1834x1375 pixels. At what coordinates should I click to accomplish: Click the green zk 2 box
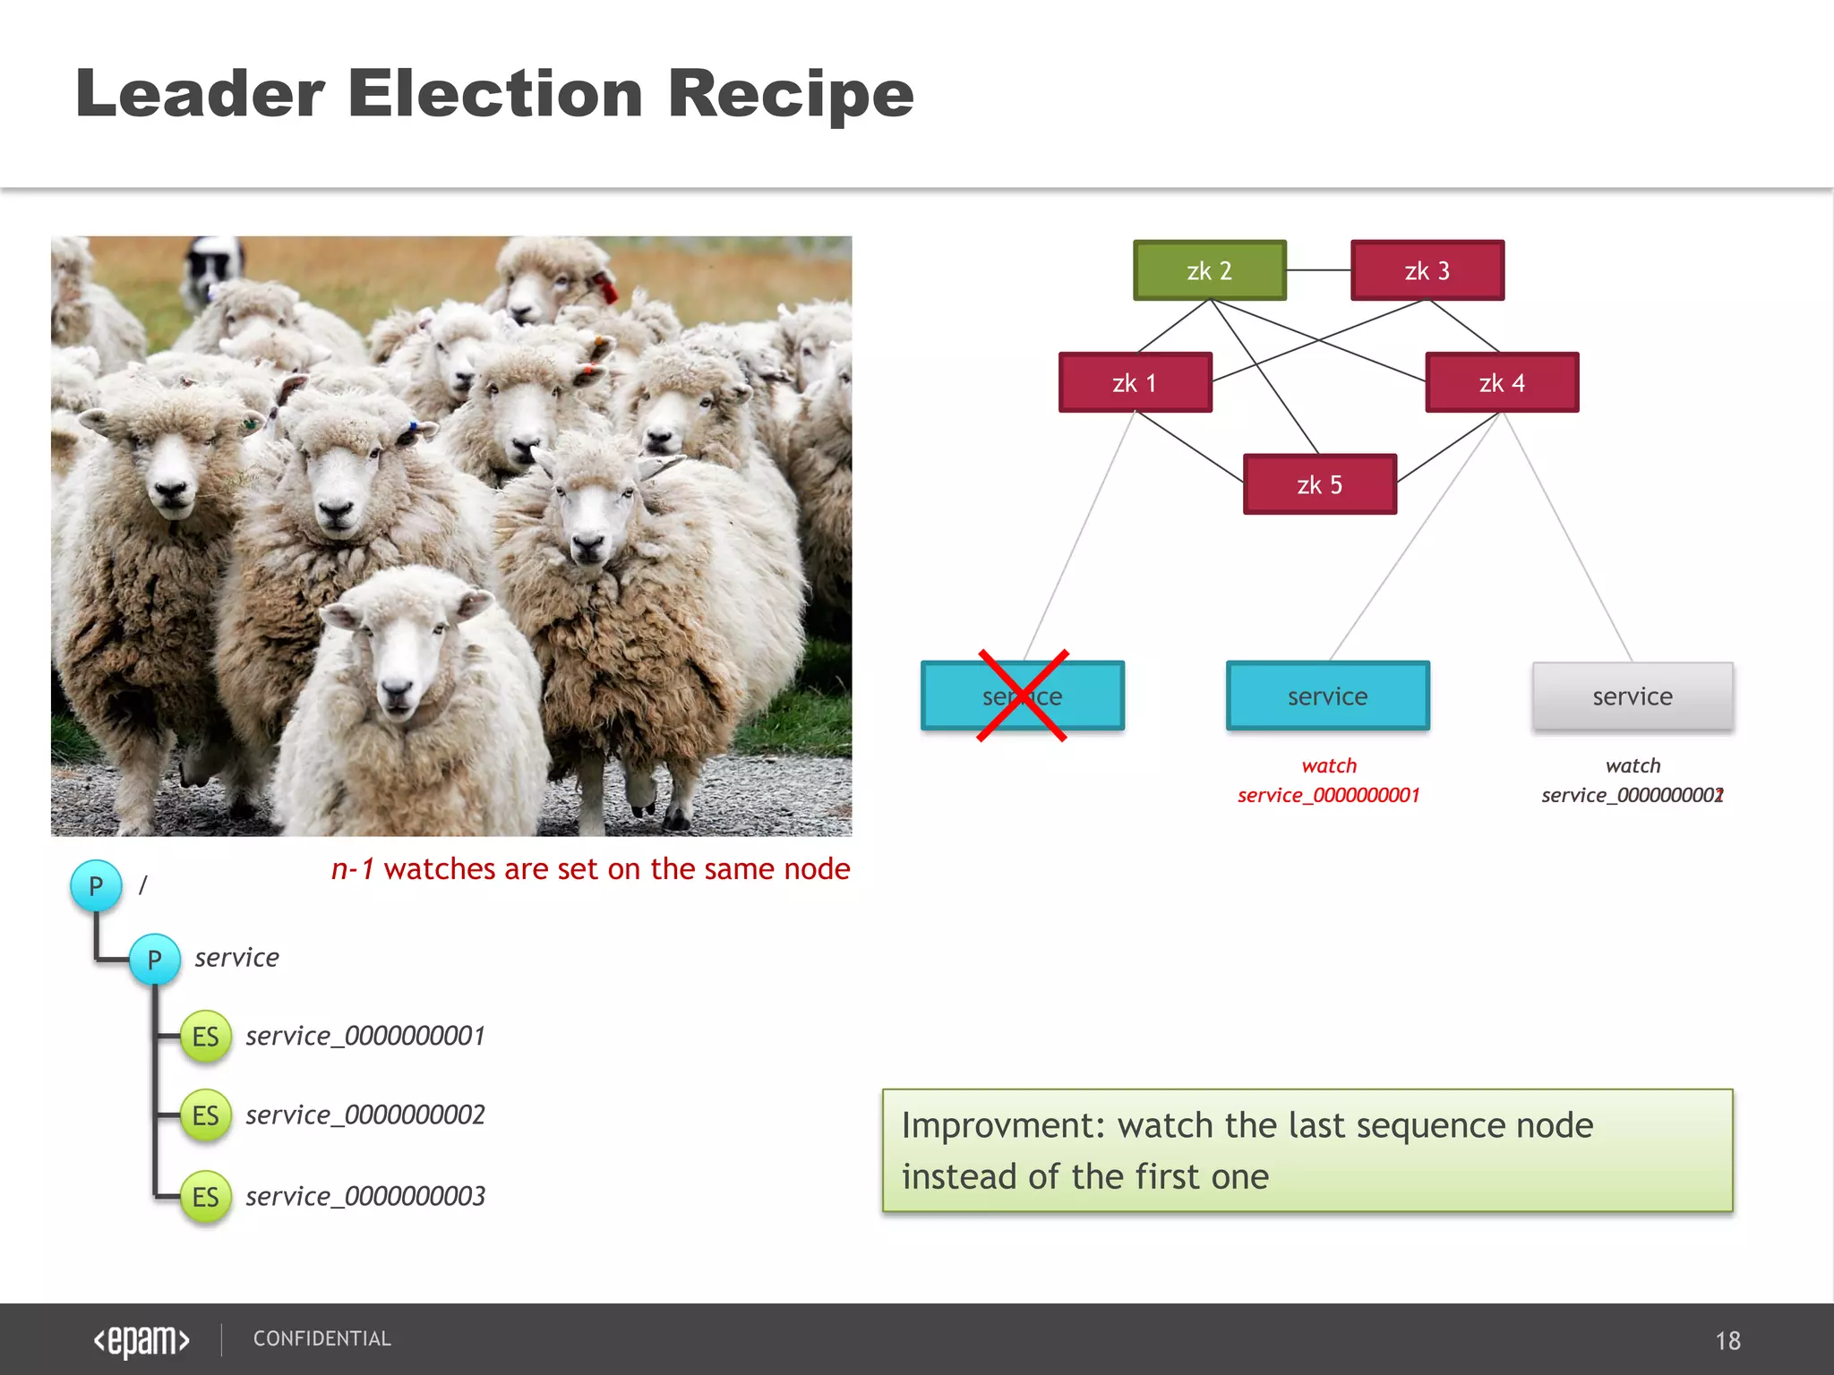coord(1209,270)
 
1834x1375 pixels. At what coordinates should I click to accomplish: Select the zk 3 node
coord(1427,270)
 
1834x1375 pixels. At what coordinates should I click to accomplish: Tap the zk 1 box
coord(1135,382)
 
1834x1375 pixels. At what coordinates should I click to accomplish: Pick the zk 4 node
coord(1502,382)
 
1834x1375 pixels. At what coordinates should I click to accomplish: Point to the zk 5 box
coord(1319,484)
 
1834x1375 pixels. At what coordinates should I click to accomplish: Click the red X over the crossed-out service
coord(1022,696)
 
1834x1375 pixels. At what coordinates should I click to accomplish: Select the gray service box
coord(1632,696)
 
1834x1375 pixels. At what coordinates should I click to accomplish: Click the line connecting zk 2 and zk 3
coord(1318,270)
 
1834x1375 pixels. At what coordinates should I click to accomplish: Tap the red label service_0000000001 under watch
coord(1328,795)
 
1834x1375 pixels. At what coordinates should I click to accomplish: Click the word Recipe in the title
coord(790,94)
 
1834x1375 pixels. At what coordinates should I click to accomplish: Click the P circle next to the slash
coord(96,886)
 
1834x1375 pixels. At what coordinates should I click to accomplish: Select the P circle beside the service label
coord(155,960)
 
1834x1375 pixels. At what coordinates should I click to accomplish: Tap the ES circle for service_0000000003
coord(205,1197)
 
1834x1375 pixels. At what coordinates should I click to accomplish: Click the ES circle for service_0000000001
coord(205,1037)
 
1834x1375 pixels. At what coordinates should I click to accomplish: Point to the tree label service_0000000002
coord(365,1115)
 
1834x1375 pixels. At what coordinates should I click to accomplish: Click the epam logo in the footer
coord(141,1340)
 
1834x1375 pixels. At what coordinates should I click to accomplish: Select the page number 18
coord(1727,1341)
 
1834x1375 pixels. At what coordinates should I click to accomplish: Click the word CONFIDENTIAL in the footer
coord(321,1339)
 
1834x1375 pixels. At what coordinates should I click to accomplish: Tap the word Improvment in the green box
coord(1004,1126)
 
